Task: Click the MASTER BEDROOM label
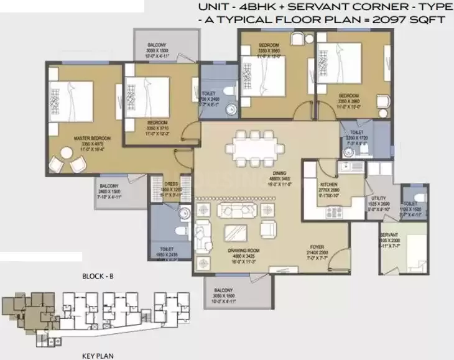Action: pos(76,137)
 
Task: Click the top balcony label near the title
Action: pos(157,45)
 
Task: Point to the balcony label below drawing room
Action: pos(225,291)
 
